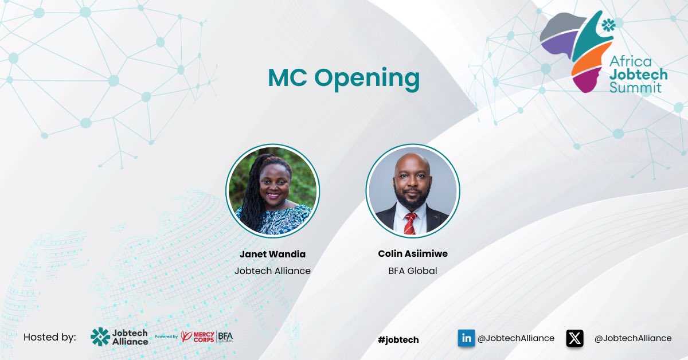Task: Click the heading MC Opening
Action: (x=343, y=79)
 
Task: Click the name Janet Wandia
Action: (x=272, y=254)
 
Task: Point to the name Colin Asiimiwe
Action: (x=412, y=254)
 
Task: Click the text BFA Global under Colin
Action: (x=412, y=271)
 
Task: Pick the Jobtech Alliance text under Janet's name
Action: (x=272, y=271)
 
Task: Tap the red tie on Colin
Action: (x=410, y=223)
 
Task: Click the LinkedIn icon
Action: (x=466, y=338)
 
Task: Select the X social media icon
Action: (x=574, y=338)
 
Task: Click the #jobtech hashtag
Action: (x=398, y=340)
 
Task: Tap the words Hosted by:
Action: (x=49, y=337)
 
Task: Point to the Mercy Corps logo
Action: (x=198, y=336)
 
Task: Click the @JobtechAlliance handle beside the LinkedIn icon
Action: (x=516, y=338)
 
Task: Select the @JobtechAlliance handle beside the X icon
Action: (x=632, y=338)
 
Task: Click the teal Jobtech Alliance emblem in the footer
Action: (x=100, y=337)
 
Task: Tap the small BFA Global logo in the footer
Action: (x=225, y=336)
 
